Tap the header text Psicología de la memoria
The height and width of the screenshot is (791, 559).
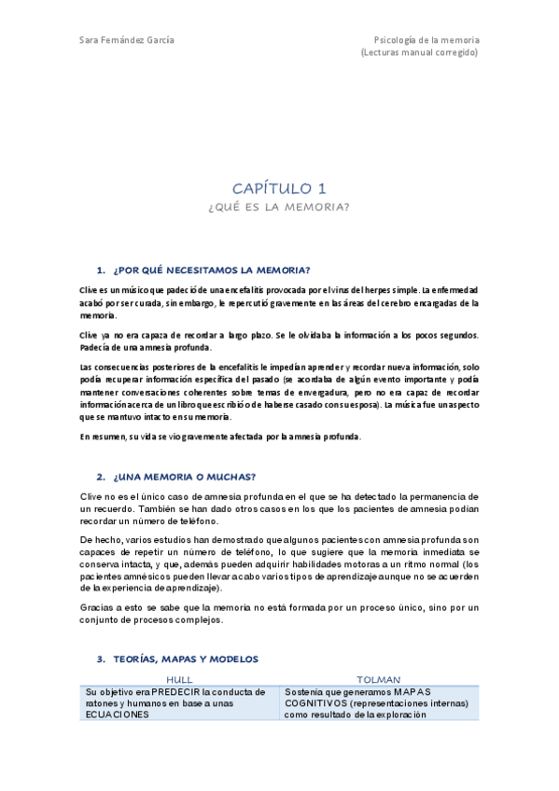tap(426, 40)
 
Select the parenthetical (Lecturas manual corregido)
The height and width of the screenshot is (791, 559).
tap(419, 53)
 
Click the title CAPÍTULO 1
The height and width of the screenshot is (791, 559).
tap(279, 188)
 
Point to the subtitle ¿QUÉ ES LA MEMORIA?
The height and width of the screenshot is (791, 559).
tap(279, 207)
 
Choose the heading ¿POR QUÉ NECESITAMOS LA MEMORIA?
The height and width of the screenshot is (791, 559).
tap(211, 270)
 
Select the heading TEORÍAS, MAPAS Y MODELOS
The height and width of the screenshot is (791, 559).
tap(186, 659)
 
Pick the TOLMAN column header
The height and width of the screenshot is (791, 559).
tap(379, 680)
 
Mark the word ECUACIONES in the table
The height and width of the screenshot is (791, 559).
tap(117, 715)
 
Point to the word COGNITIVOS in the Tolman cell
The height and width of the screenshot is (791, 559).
tap(317, 703)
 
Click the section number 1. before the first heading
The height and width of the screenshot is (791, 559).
tap(101, 270)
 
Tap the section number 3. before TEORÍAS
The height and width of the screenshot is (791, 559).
tap(101, 659)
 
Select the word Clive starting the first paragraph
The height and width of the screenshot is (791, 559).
tap(89, 290)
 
